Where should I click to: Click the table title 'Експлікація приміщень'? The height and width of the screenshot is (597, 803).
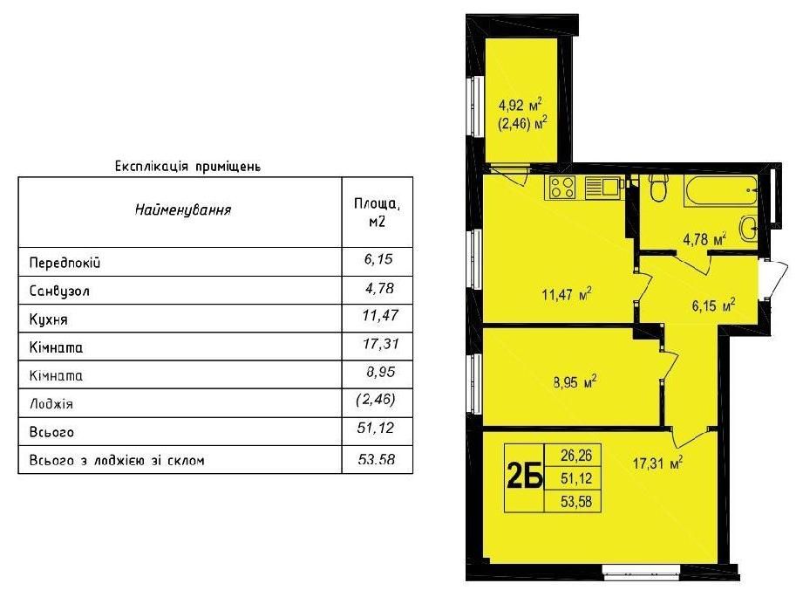coord(187,165)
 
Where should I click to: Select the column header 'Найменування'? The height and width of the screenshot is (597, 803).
coord(182,210)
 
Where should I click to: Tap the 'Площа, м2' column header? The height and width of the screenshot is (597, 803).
coord(377,212)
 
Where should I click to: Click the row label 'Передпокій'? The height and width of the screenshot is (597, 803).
coord(71,263)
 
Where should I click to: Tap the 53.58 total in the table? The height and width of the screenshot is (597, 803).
coord(376,460)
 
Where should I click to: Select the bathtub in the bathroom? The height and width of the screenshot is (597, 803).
coord(720,189)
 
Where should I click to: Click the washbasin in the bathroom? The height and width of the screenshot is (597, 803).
coord(749,229)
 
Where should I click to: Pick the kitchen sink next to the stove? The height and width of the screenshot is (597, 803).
coord(602,187)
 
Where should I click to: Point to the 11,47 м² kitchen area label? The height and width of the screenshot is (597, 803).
coord(567,294)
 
